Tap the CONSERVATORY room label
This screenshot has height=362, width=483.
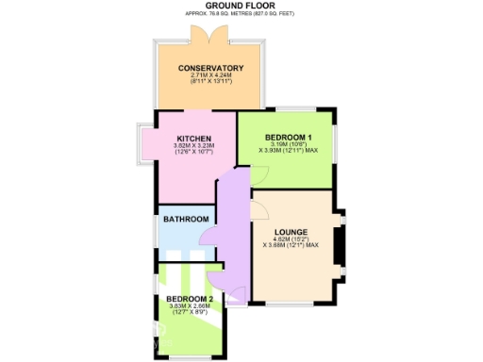[x=212, y=68]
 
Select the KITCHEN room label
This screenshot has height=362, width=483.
[x=193, y=139]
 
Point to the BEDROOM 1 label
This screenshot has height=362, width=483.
[x=289, y=136]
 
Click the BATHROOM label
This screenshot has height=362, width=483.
[x=186, y=220]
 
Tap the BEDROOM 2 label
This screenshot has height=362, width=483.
[x=191, y=299]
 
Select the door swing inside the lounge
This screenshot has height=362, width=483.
[x=258, y=210]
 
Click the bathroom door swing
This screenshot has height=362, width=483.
[x=209, y=241]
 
